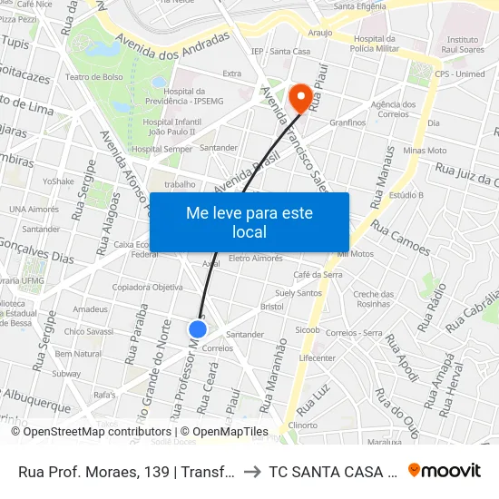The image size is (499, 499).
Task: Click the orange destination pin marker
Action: (x=299, y=95)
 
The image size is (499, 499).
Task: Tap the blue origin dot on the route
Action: (x=198, y=329)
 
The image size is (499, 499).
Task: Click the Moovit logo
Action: (x=445, y=470)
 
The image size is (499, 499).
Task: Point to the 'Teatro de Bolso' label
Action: (x=93, y=77)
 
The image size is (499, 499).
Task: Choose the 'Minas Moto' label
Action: (x=425, y=151)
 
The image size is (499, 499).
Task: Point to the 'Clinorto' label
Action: (x=302, y=425)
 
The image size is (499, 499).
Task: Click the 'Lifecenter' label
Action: (x=318, y=357)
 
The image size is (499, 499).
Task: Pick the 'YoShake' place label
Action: (x=58, y=181)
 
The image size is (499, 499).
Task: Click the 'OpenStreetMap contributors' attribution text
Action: (x=93, y=432)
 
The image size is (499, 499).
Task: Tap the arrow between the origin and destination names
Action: (x=251, y=471)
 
